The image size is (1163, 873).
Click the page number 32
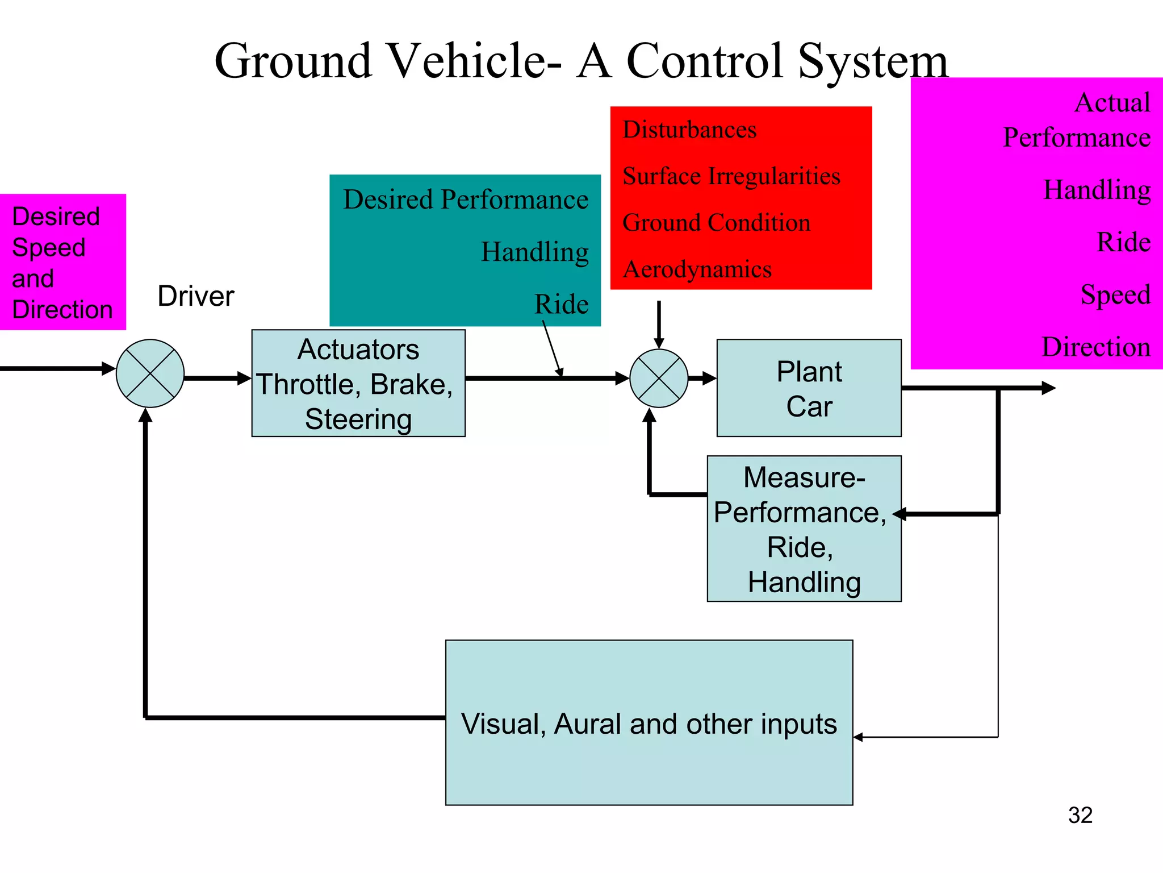(x=1080, y=815)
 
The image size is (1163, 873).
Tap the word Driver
(x=195, y=296)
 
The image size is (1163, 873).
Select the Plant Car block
(x=809, y=388)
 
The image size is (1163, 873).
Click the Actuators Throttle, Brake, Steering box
(x=358, y=384)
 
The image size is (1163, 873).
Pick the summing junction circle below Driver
(x=150, y=373)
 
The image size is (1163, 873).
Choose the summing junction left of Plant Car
(x=659, y=378)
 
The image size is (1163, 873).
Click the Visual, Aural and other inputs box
(x=649, y=722)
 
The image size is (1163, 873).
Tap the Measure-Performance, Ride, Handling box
(x=804, y=529)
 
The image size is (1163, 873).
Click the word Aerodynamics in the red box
(x=697, y=269)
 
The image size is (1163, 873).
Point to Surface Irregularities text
(x=731, y=176)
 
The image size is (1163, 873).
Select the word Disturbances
(x=689, y=130)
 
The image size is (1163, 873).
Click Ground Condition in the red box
(x=716, y=223)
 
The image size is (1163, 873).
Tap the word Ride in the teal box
(x=561, y=304)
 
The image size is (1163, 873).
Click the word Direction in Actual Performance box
(x=1095, y=347)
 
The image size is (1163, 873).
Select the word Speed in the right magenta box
(x=1115, y=294)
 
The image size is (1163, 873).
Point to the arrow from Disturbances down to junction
(x=659, y=324)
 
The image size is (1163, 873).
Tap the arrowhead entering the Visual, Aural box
(x=859, y=737)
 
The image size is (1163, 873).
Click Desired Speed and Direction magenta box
(x=62, y=262)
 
